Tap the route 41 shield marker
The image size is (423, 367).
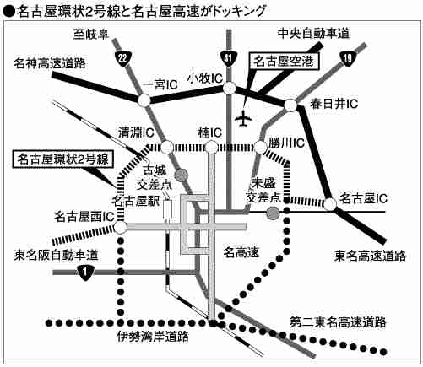coord(228,59)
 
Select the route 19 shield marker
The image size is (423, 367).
coord(348,59)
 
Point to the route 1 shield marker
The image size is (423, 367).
coord(85,273)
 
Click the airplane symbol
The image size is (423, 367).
coord(243,118)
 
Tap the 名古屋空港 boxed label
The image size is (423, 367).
coord(284,61)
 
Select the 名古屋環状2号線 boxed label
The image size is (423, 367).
coord(63,159)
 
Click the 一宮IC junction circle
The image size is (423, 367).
coord(144,100)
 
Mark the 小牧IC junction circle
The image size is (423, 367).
coord(230,88)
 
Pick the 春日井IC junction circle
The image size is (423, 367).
coord(290,105)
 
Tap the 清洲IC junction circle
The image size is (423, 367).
coord(167,147)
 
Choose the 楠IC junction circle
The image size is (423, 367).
coord(211,147)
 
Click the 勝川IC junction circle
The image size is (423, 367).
coord(261,147)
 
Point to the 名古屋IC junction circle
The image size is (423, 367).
coord(330,204)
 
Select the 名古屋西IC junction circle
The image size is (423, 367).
coord(121,228)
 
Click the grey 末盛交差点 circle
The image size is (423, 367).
coord(273,213)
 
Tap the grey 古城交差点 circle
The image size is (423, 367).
coord(181,175)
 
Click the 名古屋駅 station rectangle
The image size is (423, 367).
coord(168,209)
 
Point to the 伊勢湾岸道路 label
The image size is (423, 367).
coord(153,337)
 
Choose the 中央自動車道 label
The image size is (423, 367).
coord(313,34)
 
